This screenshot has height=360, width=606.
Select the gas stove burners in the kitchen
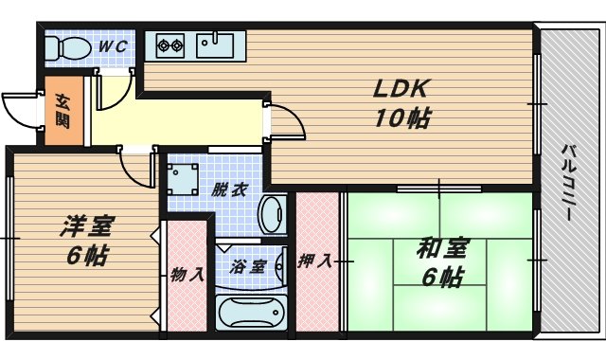169,44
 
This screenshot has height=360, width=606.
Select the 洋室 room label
87,226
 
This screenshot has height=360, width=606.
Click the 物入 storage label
187,276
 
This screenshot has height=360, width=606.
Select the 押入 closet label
314,261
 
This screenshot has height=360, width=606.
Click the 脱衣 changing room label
230,189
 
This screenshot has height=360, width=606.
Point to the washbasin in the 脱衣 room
274,215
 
